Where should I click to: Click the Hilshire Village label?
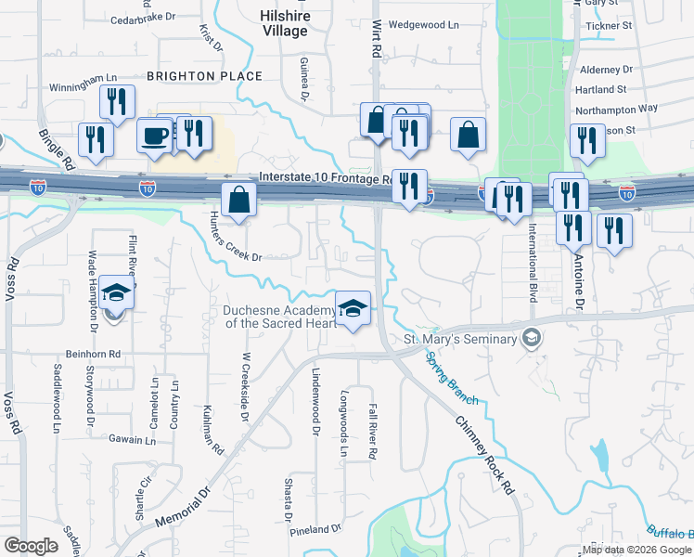click(284, 23)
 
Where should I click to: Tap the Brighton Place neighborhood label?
click(204, 76)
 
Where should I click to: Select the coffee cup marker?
click(155, 135)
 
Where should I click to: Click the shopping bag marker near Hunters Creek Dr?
click(239, 200)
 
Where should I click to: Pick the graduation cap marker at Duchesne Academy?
click(353, 307)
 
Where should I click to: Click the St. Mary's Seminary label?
click(460, 339)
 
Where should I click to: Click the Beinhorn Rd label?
click(94, 354)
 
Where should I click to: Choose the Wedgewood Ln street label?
click(424, 25)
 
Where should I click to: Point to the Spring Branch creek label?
click(452, 377)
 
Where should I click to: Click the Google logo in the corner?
click(31, 546)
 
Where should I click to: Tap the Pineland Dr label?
click(315, 529)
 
